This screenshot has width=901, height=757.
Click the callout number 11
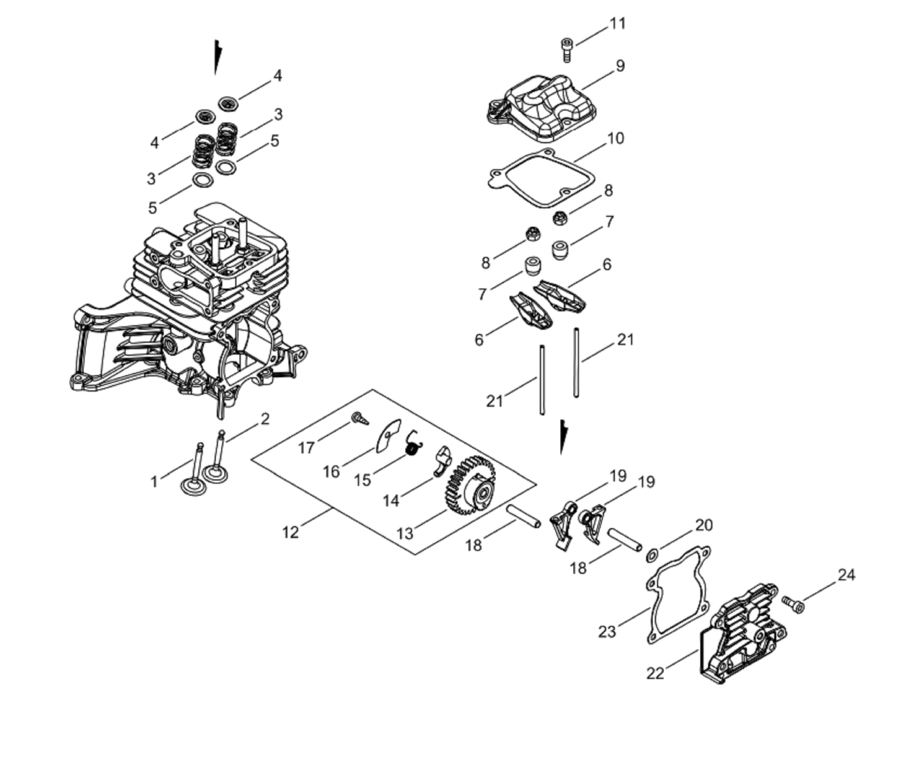tap(618, 23)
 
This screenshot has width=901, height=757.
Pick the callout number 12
tap(290, 532)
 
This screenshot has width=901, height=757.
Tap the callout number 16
tap(331, 472)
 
